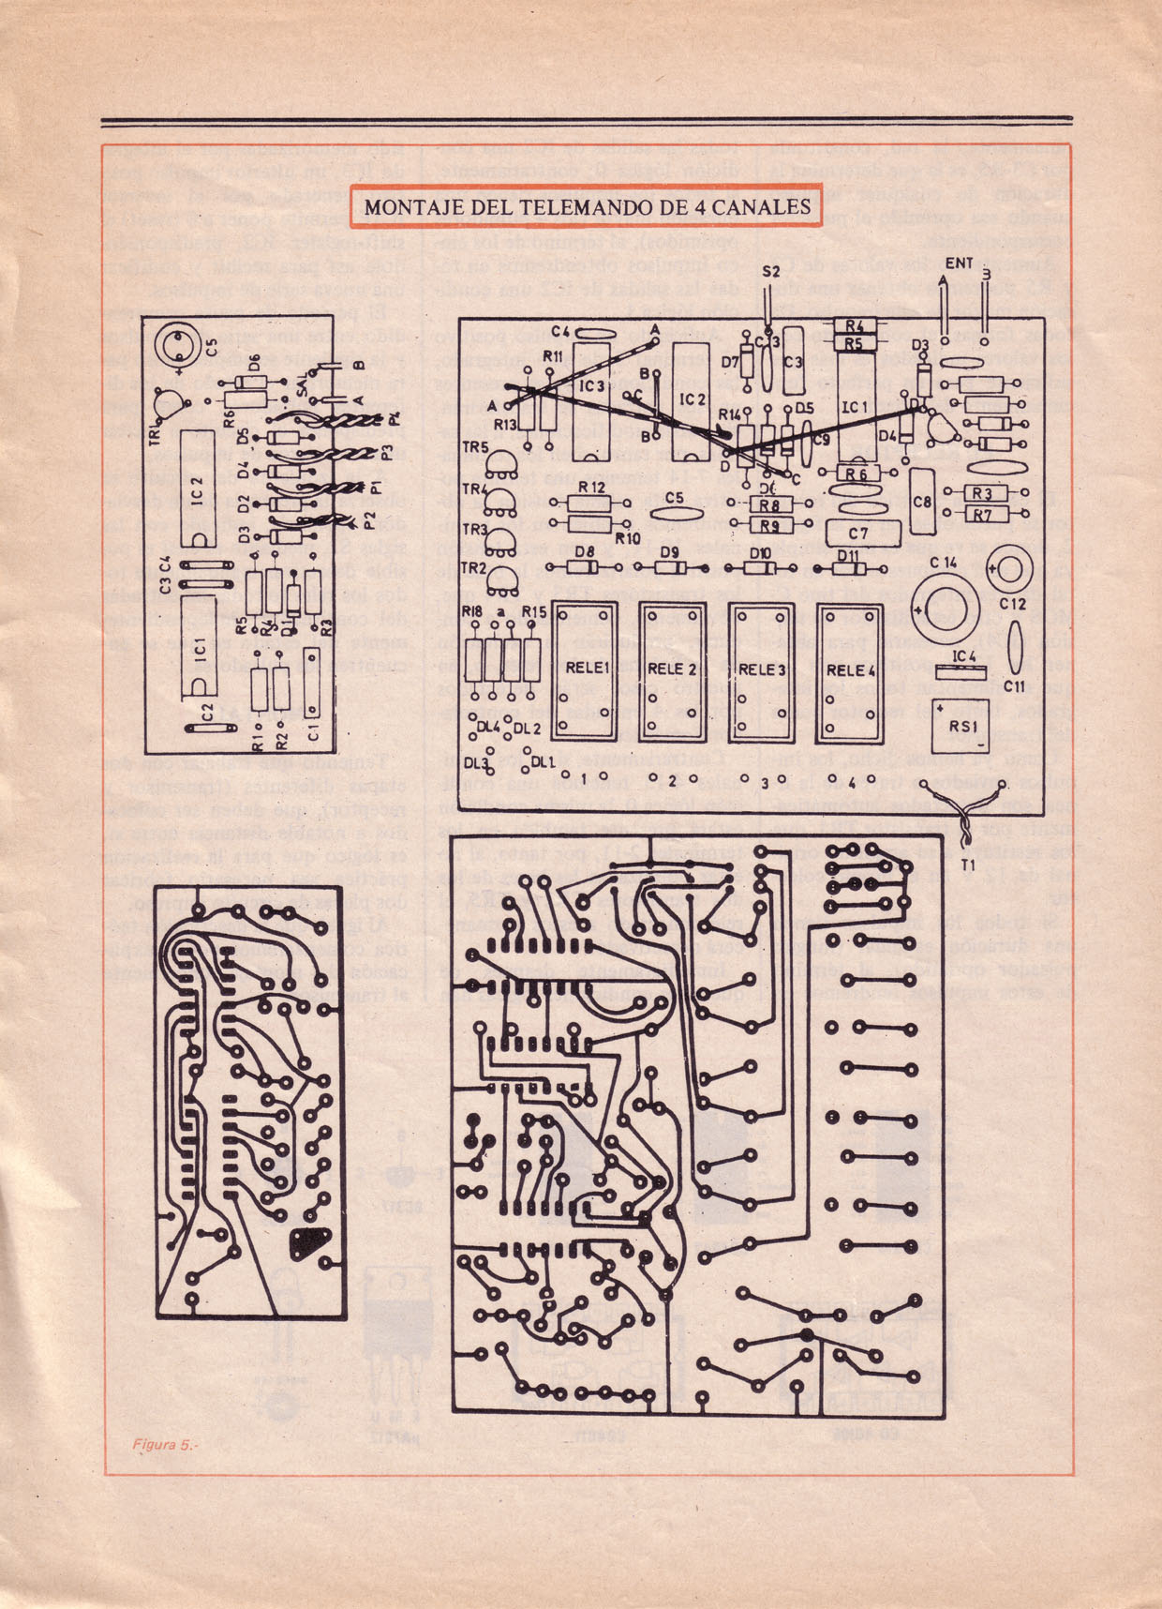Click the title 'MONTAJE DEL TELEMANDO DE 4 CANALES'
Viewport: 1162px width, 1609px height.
[587, 207]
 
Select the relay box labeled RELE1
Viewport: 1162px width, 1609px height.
[588, 670]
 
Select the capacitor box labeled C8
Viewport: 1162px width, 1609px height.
[922, 503]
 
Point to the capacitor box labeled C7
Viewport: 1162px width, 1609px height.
[858, 534]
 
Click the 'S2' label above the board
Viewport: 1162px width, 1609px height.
[771, 272]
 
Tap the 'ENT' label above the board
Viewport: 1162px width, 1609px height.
[959, 263]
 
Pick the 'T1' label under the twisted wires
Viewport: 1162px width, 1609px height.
[967, 864]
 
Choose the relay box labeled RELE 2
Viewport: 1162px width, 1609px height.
[673, 670]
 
